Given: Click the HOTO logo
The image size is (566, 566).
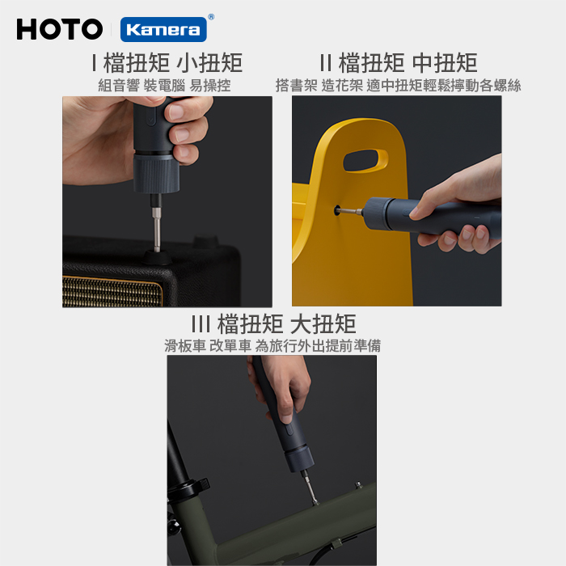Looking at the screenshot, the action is coord(60,29).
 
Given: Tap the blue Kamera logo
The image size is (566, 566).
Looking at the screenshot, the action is coord(163,30).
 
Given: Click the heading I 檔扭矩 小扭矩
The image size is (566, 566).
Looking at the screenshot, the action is coord(167,63).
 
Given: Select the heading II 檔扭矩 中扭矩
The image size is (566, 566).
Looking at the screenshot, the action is coord(399,63).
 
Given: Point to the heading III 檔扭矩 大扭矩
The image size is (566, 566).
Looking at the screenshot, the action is coord(273,323).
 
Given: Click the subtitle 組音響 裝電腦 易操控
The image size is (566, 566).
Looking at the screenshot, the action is coord(165,86).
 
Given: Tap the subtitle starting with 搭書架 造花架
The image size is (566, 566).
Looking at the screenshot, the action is coord(398,86).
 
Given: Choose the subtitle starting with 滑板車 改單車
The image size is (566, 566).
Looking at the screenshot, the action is coord(272,346).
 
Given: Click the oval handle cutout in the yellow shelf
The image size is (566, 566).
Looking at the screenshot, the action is coord(365,160).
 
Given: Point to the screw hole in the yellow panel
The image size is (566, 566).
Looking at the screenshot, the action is coord(337,210).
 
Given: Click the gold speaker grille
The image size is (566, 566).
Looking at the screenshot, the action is coord(112,291).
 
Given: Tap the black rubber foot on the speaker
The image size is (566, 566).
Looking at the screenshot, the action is coord(157,256).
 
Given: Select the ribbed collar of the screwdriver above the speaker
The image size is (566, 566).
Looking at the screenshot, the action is coord(156,174).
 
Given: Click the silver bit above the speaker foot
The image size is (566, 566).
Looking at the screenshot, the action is coord(156,228).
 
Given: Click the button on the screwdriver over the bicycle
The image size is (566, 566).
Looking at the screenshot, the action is coord(289,430).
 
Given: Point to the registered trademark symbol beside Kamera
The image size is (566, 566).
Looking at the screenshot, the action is coord(211,17).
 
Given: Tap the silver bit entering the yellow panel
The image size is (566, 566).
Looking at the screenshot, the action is coord(351,211).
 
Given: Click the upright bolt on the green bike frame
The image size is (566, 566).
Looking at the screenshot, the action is coord(358,485).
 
